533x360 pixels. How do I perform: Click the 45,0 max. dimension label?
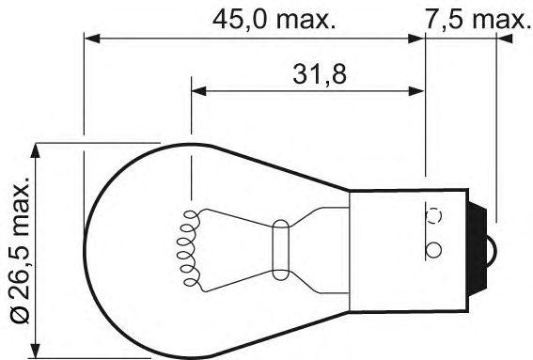coord(274,20)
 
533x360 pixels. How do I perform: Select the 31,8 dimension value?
coord(320,75)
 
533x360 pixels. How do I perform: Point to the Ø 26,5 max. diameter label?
coord(21,249)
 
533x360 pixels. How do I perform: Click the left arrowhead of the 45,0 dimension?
coord(92,39)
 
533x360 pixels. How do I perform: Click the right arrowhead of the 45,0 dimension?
coord(416,39)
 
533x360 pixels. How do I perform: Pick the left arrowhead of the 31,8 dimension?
coord(199,91)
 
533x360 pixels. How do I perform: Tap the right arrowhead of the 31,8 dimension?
coord(416,91)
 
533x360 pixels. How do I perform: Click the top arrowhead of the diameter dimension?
coord(35,150)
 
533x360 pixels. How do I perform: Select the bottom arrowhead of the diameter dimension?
coord(35,351)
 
